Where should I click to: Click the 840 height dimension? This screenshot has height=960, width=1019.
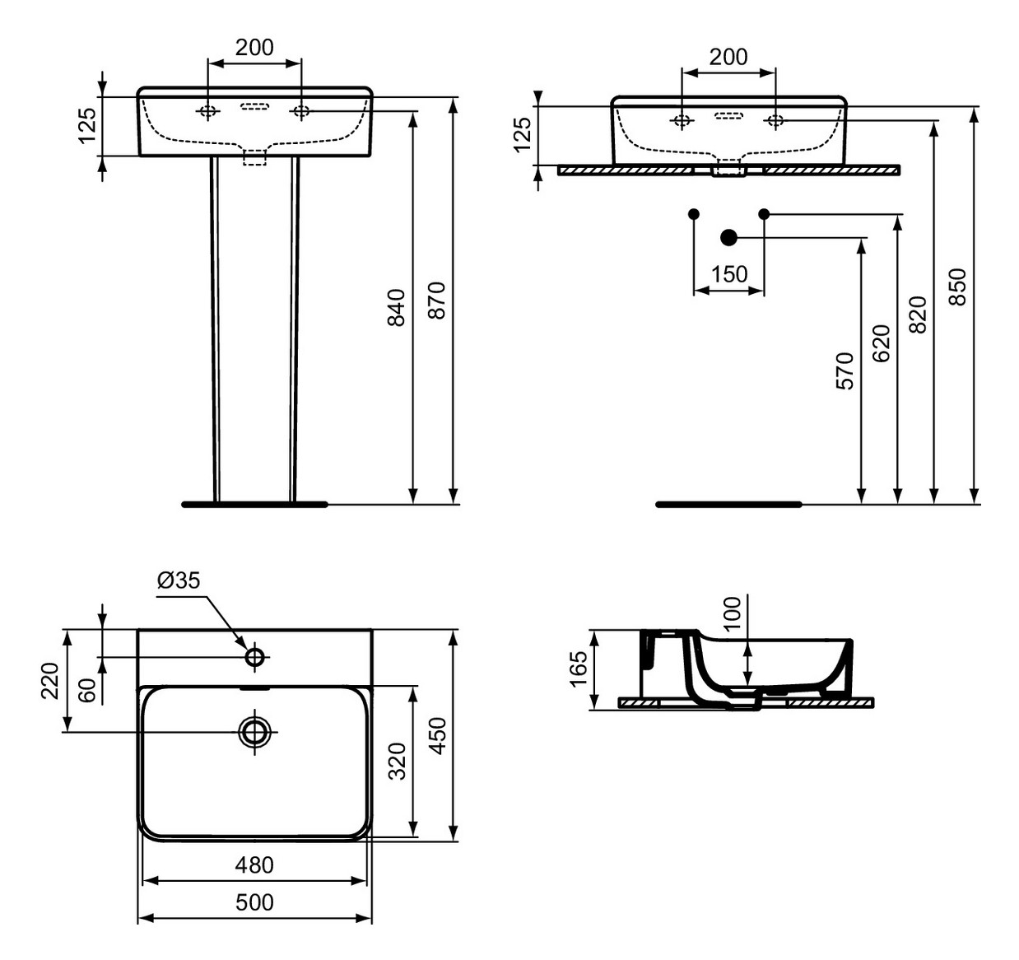pos(397,307)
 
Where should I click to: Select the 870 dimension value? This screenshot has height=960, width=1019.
pos(437,301)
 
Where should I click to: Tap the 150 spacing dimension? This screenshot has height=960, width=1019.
pos(728,273)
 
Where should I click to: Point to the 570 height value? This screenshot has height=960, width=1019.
pos(845,370)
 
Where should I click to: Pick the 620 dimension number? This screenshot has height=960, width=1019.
pos(882,343)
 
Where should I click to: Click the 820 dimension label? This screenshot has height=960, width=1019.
pos(918,314)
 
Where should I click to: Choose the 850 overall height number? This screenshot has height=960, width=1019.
pos(957,287)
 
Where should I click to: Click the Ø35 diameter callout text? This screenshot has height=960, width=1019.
pos(179,580)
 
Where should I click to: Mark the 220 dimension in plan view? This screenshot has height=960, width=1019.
pos(50,680)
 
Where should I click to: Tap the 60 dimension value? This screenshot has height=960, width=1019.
pos(87,689)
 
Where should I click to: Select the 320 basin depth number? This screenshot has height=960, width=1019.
pos(397,761)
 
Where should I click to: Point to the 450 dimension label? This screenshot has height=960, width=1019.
pos(437,735)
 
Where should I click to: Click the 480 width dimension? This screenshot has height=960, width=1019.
pos(254,864)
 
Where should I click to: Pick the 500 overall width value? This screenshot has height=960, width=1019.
pos(254,902)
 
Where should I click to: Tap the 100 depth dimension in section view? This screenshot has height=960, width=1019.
pos(732,613)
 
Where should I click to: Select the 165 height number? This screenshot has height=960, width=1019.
pos(579,668)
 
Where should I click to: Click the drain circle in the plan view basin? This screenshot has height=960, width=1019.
pos(255,731)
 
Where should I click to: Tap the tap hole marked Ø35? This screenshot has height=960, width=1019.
pos(255,657)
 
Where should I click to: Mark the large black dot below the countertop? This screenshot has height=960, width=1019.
pos(728,238)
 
